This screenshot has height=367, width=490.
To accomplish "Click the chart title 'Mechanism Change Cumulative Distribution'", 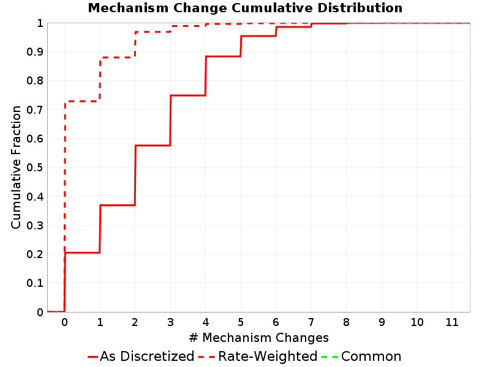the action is click(x=245, y=8).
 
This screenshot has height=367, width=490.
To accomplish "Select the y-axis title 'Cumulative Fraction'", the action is click(x=16, y=167).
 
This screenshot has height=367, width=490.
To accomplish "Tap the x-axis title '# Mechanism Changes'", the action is click(x=258, y=338).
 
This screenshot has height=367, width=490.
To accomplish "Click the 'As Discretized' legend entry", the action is click(x=141, y=356).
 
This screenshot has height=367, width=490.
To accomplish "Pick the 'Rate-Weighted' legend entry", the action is click(x=258, y=356).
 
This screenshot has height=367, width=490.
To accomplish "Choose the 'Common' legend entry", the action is click(x=361, y=356).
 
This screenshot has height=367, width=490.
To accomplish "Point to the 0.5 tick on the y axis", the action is click(x=35, y=168).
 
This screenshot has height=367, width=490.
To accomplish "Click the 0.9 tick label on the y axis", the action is click(x=35, y=51).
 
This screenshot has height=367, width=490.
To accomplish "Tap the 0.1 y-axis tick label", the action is click(x=35, y=283).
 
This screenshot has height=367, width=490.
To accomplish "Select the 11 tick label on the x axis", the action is click(x=452, y=322).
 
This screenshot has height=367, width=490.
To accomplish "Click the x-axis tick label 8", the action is click(x=346, y=322).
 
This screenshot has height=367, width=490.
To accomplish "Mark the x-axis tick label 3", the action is click(x=170, y=322).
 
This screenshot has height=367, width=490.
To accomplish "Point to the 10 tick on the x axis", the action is click(x=417, y=322).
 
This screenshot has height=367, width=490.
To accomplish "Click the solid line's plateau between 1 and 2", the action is click(x=117, y=205).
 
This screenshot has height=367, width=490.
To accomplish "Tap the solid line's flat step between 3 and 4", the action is click(x=188, y=95).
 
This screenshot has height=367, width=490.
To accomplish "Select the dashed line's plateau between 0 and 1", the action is click(x=82, y=101).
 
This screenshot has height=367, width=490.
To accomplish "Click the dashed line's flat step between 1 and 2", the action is click(x=117, y=57).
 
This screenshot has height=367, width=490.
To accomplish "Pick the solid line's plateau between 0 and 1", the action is click(x=82, y=253).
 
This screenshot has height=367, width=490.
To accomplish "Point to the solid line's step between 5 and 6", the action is click(x=258, y=36).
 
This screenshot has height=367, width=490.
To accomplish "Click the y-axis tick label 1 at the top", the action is click(x=40, y=23).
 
